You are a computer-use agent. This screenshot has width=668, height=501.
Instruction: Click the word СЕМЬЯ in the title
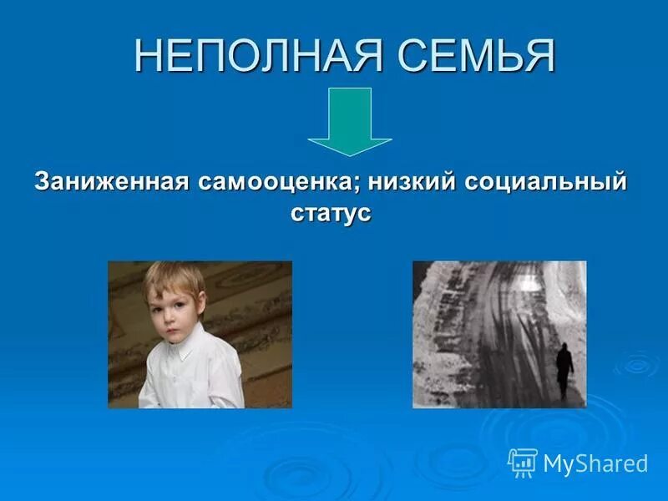click(x=475, y=57)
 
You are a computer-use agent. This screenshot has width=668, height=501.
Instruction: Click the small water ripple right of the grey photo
click(x=635, y=364)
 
